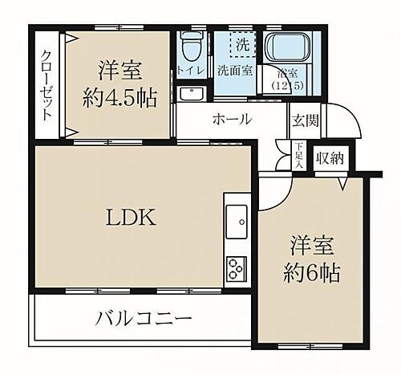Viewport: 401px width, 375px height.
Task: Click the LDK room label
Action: point(122,218)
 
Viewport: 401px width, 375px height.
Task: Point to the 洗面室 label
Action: point(235,71)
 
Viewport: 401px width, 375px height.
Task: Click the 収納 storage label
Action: point(329,157)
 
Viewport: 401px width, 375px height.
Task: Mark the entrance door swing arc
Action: point(341,128)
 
